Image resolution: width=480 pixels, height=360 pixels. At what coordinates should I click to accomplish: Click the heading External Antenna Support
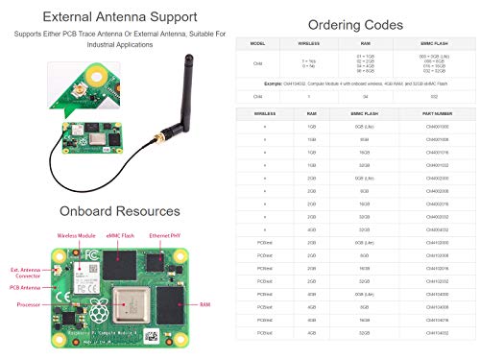120,17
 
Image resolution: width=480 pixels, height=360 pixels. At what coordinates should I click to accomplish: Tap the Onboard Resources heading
120,211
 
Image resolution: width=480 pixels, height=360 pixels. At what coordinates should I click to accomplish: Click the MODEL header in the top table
257,44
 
